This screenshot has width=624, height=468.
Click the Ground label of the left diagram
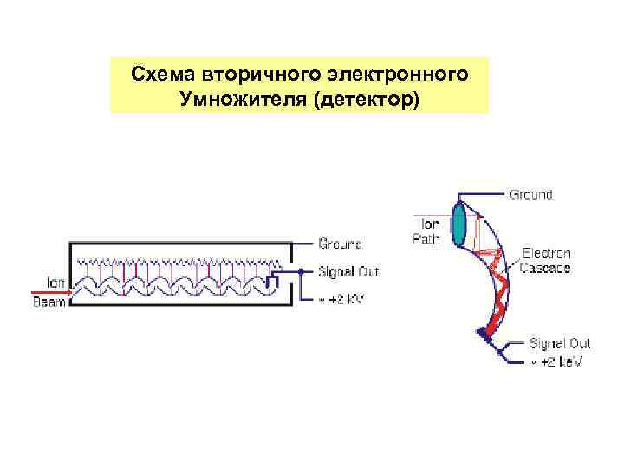coord(341,244)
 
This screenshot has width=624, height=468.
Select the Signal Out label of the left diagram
coord(348,272)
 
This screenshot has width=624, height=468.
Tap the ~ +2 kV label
coord(341,299)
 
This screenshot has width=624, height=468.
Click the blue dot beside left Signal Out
coord(301,272)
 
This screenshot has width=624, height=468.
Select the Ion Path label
coord(425,231)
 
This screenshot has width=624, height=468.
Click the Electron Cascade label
coord(545,261)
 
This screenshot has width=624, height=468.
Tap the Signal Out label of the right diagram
coord(559,344)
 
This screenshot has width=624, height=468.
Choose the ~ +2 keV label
coord(556,361)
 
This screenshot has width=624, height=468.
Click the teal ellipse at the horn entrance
coord(460,224)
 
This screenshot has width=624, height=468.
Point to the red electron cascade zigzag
coord(498,295)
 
